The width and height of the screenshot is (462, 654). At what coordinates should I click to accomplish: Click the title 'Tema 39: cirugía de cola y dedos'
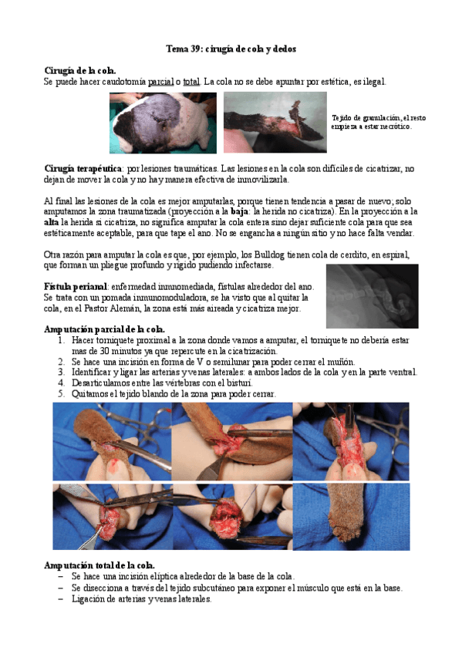click(231, 49)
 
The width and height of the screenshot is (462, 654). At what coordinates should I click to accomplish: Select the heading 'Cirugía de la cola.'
click(79, 70)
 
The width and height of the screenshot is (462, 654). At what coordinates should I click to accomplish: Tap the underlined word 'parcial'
click(161, 82)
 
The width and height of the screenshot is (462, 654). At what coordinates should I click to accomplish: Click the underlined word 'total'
click(191, 82)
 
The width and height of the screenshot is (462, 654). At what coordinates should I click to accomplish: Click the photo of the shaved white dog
click(163, 123)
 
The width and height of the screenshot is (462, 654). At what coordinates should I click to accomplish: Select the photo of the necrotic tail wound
click(275, 122)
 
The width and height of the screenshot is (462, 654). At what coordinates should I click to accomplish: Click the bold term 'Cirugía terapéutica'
click(83, 169)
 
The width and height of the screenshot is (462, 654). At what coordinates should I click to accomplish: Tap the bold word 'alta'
click(51, 222)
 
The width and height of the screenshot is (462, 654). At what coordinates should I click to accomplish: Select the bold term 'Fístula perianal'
click(76, 287)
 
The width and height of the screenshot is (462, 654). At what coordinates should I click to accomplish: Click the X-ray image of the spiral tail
click(373, 296)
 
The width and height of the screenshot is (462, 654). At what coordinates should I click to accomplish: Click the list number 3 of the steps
click(61, 372)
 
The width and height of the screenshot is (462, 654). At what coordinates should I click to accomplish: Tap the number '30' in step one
click(104, 351)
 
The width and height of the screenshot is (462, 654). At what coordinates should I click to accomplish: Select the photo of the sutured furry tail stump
click(351, 517)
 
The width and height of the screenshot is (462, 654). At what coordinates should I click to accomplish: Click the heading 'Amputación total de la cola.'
click(99, 565)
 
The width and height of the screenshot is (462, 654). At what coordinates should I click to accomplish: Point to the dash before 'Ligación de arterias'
click(61, 599)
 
